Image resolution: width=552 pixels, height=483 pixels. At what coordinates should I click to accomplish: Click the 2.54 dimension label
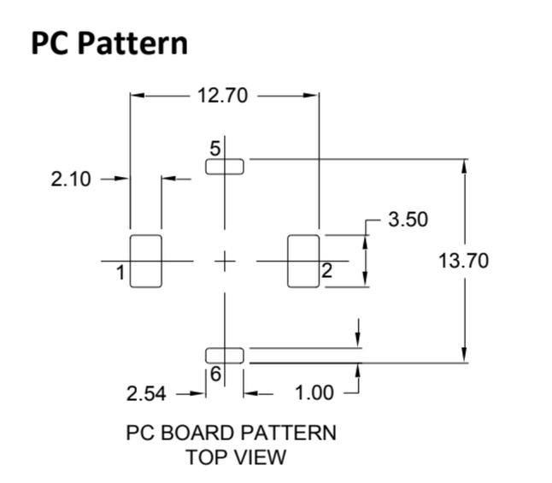pyautogui.click(x=147, y=394)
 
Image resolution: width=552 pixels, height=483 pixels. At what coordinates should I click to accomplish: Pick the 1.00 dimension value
pyautogui.click(x=314, y=394)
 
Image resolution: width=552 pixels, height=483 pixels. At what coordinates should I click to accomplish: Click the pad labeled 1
pyautogui.click(x=145, y=261)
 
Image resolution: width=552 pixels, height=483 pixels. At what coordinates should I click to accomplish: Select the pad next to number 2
pyautogui.click(x=302, y=261)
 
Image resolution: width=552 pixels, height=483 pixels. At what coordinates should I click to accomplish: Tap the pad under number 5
pyautogui.click(x=225, y=166)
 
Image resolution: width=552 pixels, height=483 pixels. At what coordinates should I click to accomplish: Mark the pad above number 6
pyautogui.click(x=225, y=355)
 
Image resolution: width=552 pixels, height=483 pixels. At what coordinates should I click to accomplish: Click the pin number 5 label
pyautogui.click(x=215, y=148)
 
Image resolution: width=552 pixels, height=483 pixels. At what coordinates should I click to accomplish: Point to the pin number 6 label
pyautogui.click(x=215, y=374)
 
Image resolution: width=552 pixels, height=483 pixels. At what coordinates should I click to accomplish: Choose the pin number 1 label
pyautogui.click(x=120, y=273)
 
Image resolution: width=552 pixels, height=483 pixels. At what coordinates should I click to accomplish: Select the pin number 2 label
pyautogui.click(x=326, y=273)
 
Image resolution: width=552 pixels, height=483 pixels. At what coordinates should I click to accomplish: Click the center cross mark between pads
pyautogui.click(x=225, y=261)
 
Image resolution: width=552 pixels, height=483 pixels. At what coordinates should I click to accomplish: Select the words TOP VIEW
pyautogui.click(x=236, y=457)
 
